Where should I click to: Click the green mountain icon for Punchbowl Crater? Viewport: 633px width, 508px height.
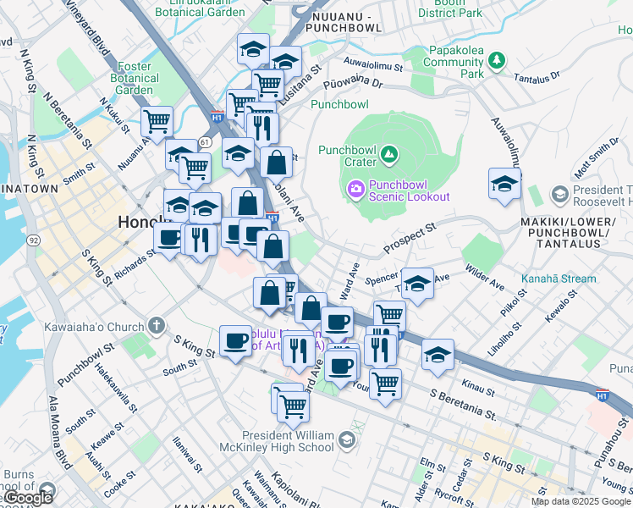coord(388,153)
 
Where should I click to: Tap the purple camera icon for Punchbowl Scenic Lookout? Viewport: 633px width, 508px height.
coord(355,187)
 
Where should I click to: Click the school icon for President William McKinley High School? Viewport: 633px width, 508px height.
coord(346,439)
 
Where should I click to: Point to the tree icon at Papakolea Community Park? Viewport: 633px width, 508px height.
coord(497,59)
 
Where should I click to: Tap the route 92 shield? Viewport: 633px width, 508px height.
coord(33,240)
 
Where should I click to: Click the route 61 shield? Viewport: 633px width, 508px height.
coord(206,141)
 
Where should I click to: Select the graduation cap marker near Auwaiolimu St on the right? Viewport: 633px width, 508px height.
coord(504,185)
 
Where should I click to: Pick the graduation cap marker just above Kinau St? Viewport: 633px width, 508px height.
coord(438,355)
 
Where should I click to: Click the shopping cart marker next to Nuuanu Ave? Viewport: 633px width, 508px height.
coord(157,122)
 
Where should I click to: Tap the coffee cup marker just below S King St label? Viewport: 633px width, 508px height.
coord(234,341)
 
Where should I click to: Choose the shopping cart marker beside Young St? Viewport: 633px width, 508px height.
coord(385,383)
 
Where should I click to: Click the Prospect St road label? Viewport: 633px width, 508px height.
coord(409,238)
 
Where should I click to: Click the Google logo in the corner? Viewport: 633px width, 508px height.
coord(29,498)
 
